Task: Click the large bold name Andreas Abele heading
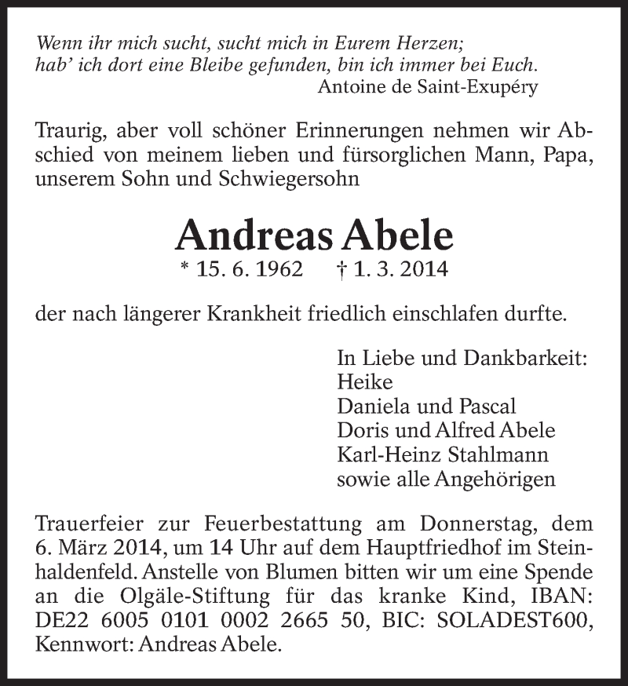(x=315, y=233)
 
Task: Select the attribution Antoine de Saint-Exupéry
(x=428, y=87)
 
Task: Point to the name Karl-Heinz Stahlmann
(x=442, y=454)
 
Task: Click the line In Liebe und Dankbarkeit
(x=462, y=359)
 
